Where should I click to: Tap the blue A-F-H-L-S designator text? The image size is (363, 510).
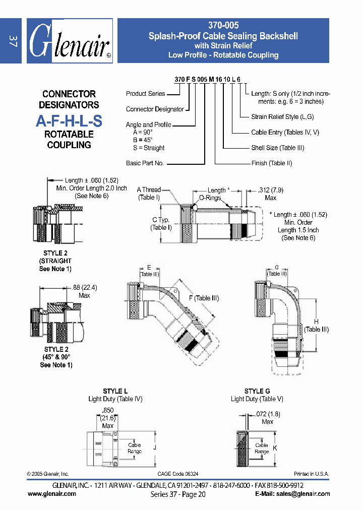point(69,121)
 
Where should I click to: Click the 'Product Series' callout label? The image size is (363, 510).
point(146,94)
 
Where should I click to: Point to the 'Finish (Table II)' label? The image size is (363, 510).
point(271,163)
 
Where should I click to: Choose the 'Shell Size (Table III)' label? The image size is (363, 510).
point(277,148)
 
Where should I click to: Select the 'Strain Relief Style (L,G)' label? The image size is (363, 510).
point(282,117)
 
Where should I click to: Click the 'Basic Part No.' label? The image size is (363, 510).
point(145,163)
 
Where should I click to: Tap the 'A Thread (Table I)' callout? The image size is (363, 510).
point(149,194)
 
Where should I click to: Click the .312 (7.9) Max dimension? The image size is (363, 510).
point(270,194)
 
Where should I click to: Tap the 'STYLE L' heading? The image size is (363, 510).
point(115,391)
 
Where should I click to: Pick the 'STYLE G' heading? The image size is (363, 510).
point(257,391)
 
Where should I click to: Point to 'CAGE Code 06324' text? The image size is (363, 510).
point(178,474)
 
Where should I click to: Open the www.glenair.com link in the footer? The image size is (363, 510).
point(52,494)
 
